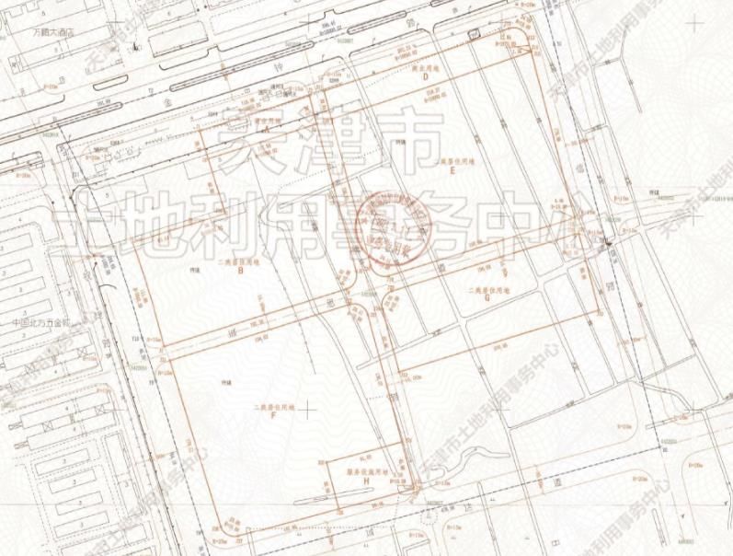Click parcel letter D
tap(426, 77)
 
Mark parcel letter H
tap(366, 482)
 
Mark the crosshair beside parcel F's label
tap(309, 408)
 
